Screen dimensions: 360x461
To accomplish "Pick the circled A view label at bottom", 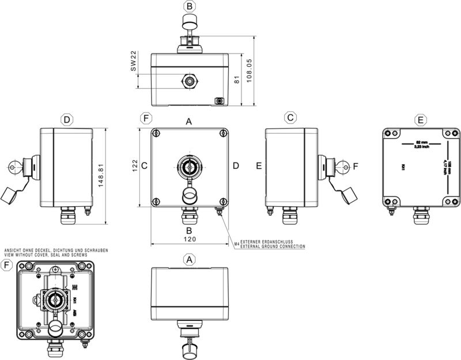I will (x=189, y=260).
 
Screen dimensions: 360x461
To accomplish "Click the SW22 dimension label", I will (x=133, y=60).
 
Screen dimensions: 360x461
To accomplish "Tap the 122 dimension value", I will (x=135, y=166).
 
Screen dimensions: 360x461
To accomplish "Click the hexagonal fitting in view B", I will (x=189, y=80).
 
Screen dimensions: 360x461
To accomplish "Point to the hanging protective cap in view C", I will (x=349, y=196).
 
